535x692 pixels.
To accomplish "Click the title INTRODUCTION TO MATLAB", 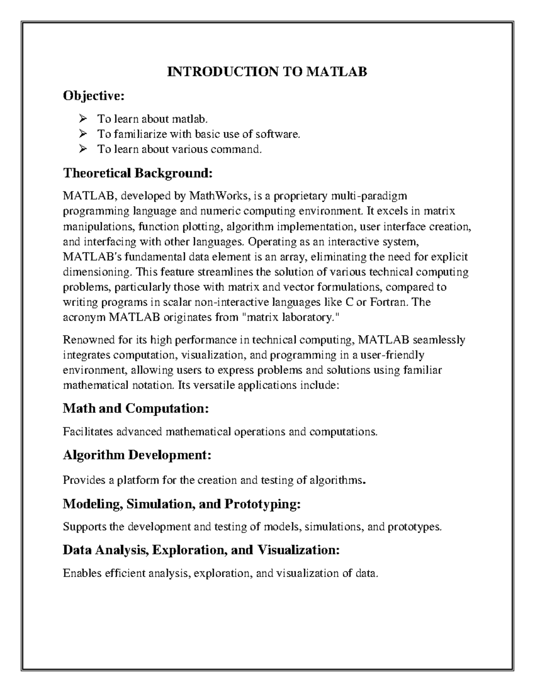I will (x=267, y=72).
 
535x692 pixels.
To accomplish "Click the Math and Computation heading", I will (x=136, y=408).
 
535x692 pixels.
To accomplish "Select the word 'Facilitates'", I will (x=89, y=432).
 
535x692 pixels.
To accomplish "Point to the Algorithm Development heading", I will (x=137, y=455).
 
